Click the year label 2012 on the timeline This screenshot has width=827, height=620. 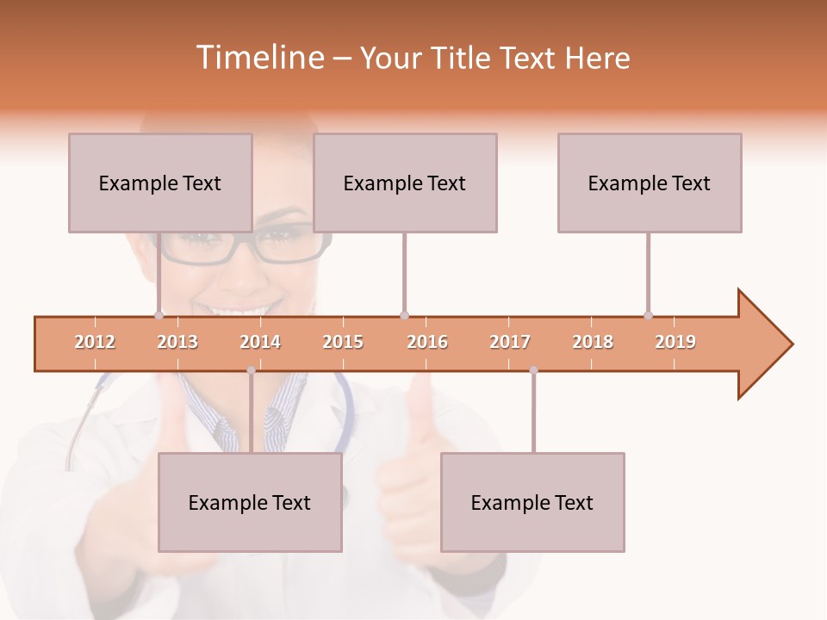coord(95,342)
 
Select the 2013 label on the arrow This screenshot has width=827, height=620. coord(177,342)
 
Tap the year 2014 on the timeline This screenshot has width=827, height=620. coord(260,342)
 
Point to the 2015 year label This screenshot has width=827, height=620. coord(343,342)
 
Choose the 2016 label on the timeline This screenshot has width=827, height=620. coord(427,342)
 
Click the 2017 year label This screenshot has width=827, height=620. coord(510,342)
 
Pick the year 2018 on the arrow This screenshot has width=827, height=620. coord(593,342)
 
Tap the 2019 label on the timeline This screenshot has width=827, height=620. coord(675,342)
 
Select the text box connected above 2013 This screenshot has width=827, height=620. coord(160,183)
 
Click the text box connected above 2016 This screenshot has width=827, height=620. coord(405,183)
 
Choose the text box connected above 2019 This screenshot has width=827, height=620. coord(650,183)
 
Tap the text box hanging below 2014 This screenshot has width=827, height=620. coord(250,502)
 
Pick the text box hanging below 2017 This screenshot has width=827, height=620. coord(532,502)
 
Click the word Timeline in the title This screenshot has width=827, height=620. coord(258,58)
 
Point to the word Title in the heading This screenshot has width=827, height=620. coord(465,58)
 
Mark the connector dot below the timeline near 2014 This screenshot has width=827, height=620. coord(251,370)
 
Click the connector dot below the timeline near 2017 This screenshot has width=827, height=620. coord(533,370)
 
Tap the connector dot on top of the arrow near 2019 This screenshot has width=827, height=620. coord(648,315)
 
